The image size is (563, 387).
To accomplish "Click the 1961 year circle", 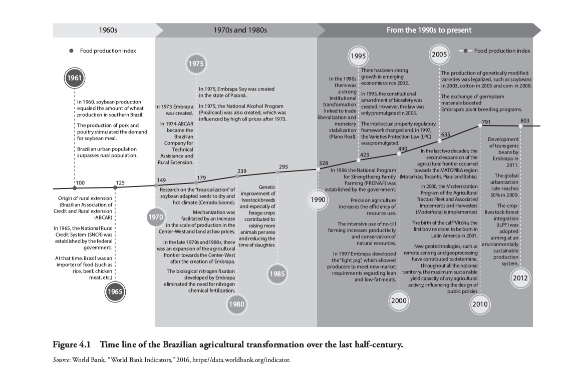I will click(75, 78).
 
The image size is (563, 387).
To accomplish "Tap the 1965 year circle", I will click(115, 292).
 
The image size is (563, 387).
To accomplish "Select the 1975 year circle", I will click(196, 64).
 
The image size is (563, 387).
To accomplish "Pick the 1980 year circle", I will click(236, 303).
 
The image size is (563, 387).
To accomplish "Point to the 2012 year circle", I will click(520, 279).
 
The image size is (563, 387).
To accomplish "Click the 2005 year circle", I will click(439, 54).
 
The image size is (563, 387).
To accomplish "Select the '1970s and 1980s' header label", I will click(237, 30).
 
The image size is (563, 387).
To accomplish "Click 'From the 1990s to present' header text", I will click(429, 30).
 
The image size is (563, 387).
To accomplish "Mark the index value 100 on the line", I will click(80, 182).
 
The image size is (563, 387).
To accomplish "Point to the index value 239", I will click(242, 171).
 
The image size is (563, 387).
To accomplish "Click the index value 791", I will click(486, 122).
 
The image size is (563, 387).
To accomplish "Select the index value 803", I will click(525, 120).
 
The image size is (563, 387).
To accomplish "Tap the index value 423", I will click(365, 155).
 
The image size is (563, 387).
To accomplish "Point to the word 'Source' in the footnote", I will click(63, 359).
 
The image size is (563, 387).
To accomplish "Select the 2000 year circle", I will click(399, 300).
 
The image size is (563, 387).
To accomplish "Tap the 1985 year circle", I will click(277, 273).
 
